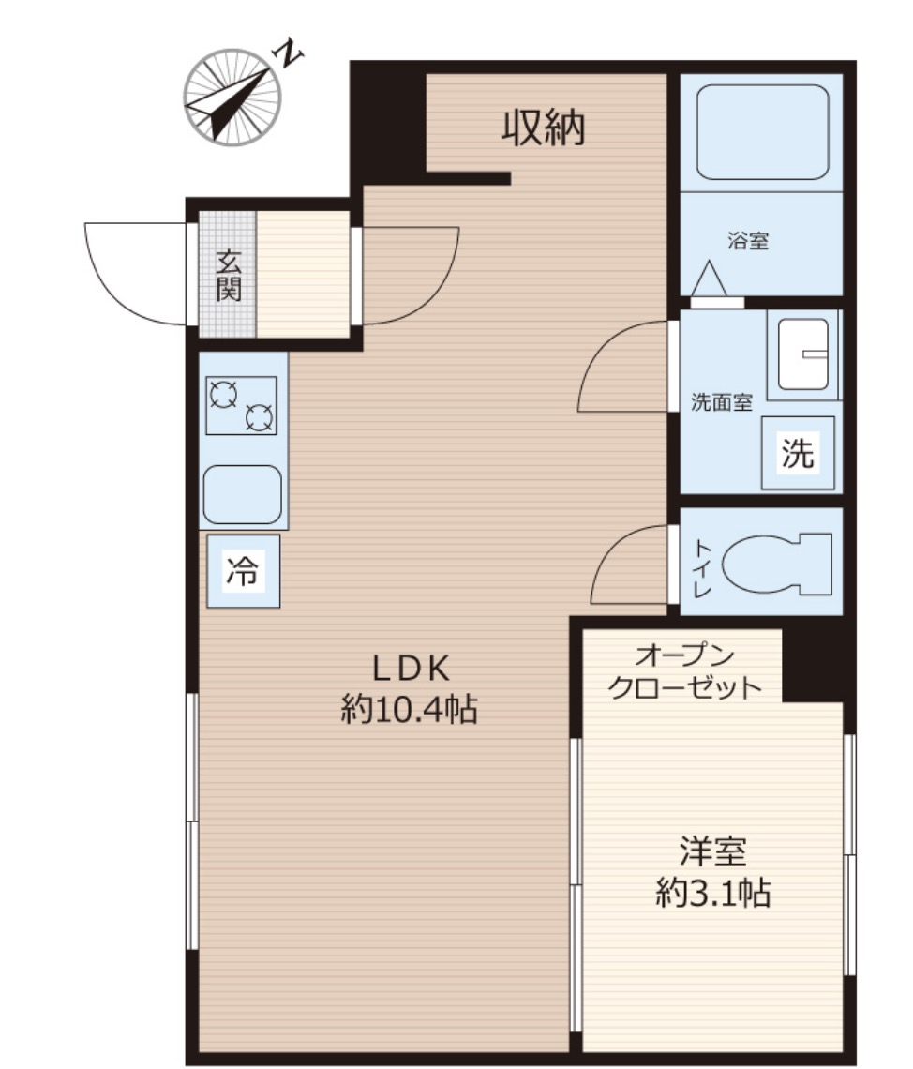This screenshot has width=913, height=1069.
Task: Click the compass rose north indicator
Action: click(x=232, y=97)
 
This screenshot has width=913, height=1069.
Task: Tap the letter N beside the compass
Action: click(x=288, y=53)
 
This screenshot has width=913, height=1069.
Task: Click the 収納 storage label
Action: click(x=543, y=128)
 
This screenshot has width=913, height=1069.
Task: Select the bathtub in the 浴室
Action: click(x=762, y=131)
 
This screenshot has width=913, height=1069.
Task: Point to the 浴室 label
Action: click(x=747, y=241)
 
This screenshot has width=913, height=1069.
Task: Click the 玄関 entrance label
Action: click(x=229, y=276)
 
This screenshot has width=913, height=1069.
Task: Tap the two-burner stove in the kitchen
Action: click(x=241, y=406)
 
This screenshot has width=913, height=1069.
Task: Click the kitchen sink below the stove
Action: click(x=243, y=494)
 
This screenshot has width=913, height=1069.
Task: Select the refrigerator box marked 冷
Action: click(x=243, y=571)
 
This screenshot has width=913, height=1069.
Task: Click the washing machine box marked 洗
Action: click(x=798, y=453)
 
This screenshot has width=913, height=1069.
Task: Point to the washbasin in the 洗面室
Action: click(x=803, y=354)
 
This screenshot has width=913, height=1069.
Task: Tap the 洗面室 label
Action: click(x=722, y=402)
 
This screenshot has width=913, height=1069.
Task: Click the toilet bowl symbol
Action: click(x=776, y=564)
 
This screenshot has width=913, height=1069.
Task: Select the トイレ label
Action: click(x=702, y=568)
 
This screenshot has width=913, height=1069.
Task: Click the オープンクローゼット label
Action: click(x=684, y=671)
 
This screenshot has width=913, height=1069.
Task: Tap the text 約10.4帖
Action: click(x=409, y=710)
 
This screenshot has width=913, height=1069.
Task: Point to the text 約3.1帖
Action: click(x=712, y=893)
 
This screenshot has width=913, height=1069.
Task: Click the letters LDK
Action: click(x=411, y=669)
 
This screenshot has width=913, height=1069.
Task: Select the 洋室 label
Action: click(x=712, y=851)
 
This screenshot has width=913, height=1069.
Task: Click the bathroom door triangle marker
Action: click(x=710, y=279)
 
